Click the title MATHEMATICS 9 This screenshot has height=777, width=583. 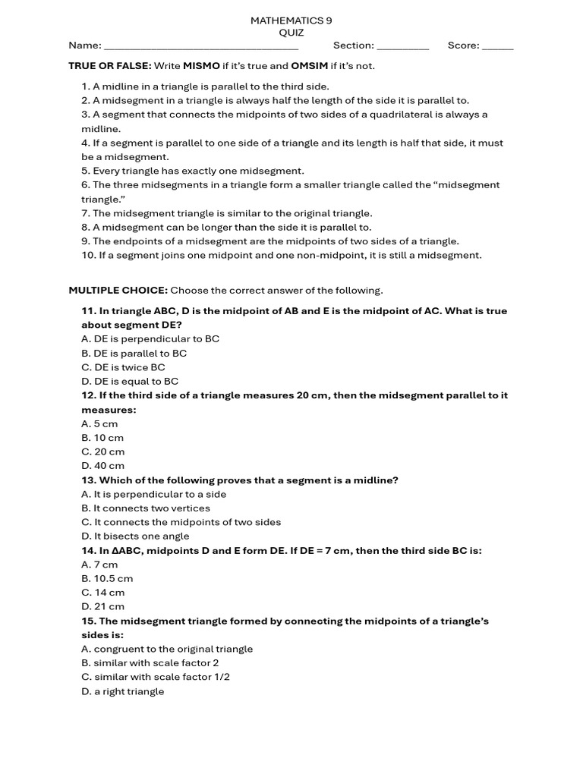coord(291,20)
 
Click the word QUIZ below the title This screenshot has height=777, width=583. coord(291,33)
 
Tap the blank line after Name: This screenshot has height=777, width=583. coord(201,46)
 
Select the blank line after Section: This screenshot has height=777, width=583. coord(402,46)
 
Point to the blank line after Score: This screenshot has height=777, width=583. coord(497,46)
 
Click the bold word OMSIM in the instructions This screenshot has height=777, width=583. coord(309,66)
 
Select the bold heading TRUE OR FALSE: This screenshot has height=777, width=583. coord(110,66)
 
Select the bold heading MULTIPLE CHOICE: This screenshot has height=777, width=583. coord(118,291)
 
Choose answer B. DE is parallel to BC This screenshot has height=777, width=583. coord(134,354)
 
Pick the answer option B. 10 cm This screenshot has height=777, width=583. coord(102,438)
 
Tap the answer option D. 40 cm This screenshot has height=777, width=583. coord(102,466)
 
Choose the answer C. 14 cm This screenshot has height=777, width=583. coord(102,593)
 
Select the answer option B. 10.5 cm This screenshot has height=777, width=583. coord(107,578)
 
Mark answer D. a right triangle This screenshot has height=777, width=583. coord(122,691)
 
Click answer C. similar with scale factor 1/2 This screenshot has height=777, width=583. coord(156,677)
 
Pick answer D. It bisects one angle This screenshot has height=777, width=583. coord(135,536)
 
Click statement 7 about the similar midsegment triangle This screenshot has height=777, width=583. coord(227,213)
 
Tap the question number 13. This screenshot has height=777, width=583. coord(89,480)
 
